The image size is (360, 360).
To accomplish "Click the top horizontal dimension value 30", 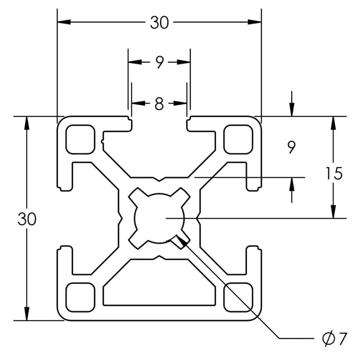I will point(159,22).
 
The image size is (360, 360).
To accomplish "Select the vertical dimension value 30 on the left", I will point(27,219).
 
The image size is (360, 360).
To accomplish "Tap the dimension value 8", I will point(159,104).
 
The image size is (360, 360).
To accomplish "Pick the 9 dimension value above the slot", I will point(159,63).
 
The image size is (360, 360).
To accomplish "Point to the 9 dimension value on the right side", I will point(292,147).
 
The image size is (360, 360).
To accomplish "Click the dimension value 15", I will point(334,173).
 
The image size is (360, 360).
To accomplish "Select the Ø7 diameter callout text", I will point(335,338).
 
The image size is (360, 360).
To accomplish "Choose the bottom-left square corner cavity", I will point(81,297).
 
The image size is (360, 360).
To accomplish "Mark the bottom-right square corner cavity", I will point(238,297).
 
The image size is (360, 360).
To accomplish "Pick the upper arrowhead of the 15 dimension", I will point(333,123).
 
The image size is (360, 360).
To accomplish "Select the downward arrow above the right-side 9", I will point(292,109).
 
